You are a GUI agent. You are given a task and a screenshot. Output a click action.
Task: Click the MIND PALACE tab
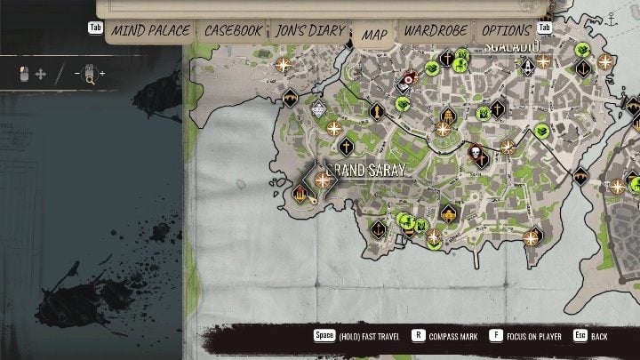(150, 31)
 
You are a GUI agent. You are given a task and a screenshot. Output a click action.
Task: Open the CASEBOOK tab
(234, 31)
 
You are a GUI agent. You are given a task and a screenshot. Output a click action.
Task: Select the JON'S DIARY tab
(308, 31)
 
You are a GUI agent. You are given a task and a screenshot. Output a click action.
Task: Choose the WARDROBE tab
(436, 31)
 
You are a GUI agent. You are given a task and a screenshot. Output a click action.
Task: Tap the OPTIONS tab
(506, 31)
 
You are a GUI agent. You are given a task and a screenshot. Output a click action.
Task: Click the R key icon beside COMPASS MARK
(418, 337)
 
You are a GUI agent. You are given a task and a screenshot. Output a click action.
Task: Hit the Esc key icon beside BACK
(580, 337)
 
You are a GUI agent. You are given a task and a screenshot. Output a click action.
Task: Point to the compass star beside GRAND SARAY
(323, 180)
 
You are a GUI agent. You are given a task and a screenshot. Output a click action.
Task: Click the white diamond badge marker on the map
(319, 111)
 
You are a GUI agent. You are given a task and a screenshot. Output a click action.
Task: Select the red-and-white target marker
(408, 79)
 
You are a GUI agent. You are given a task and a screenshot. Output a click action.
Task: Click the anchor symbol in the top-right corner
(612, 16)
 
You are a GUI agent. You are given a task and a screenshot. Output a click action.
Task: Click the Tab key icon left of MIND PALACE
(95, 28)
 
